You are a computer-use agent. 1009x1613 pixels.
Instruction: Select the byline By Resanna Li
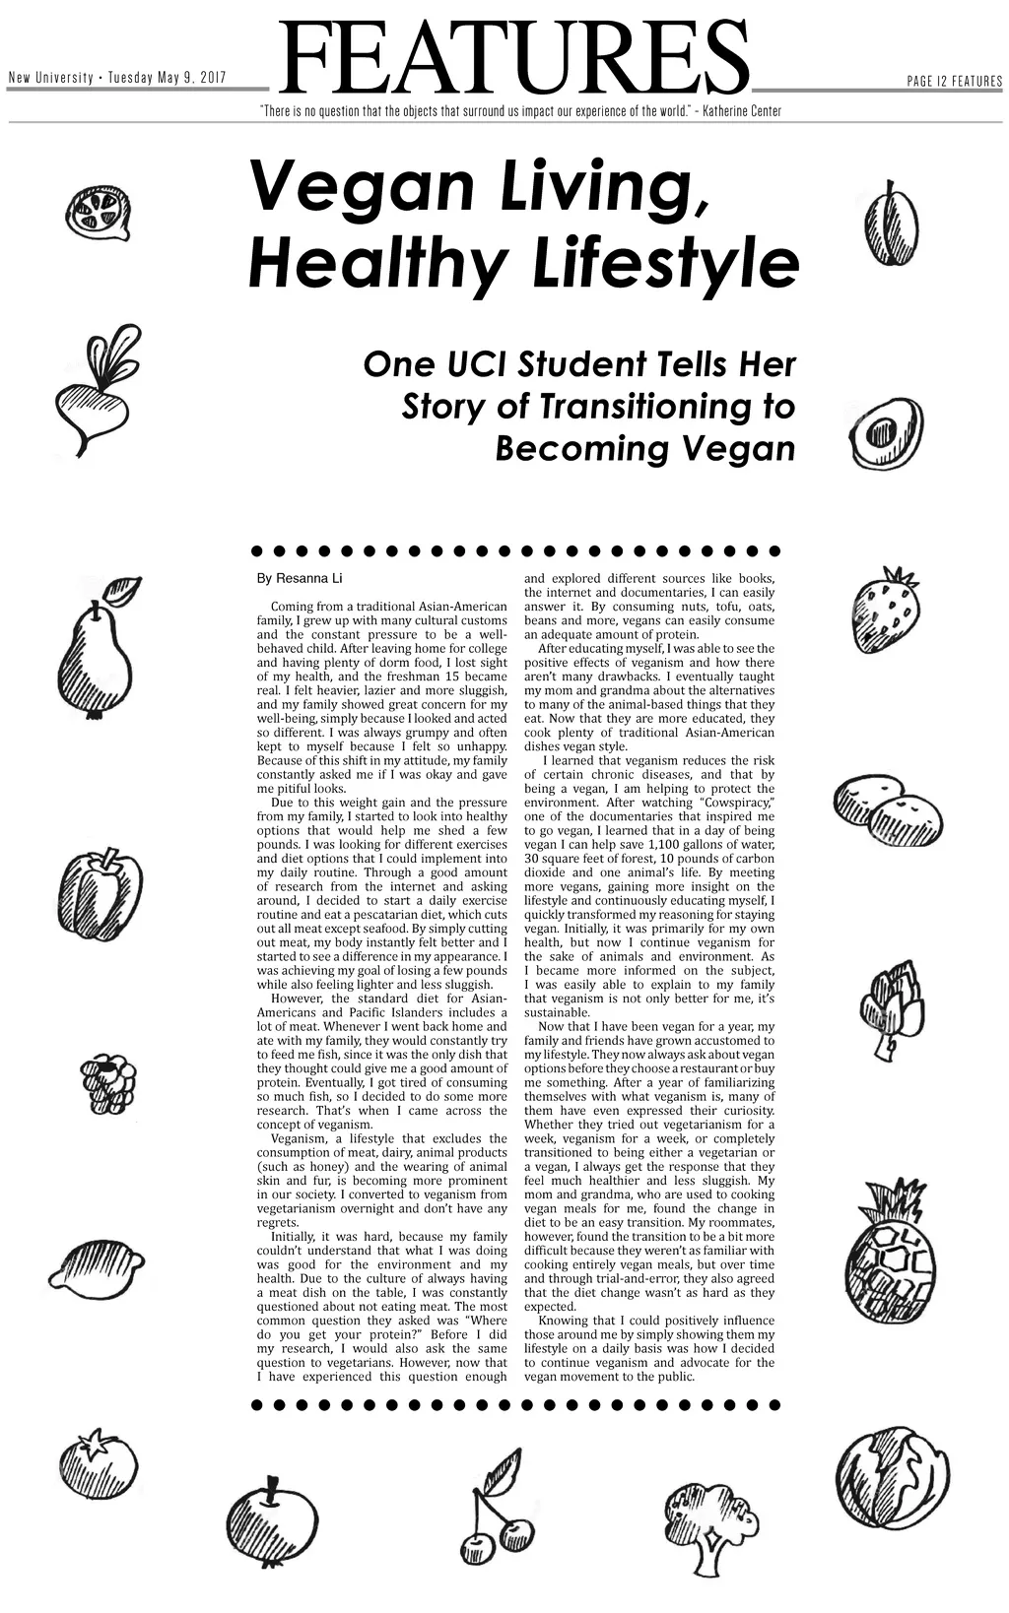click(300, 578)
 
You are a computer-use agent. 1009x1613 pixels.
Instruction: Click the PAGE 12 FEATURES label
click(954, 81)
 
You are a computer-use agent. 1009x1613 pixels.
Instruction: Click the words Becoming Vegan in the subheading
click(644, 449)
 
